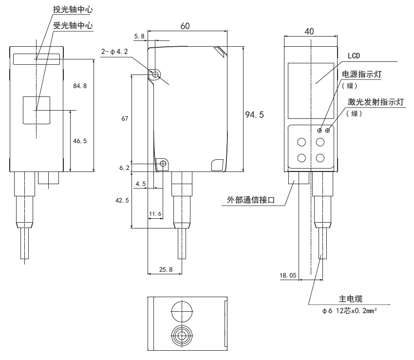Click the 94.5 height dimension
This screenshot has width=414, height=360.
pos(254,115)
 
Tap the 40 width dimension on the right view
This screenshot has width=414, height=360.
pos(309,31)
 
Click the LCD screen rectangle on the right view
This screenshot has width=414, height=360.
pos(310,91)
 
